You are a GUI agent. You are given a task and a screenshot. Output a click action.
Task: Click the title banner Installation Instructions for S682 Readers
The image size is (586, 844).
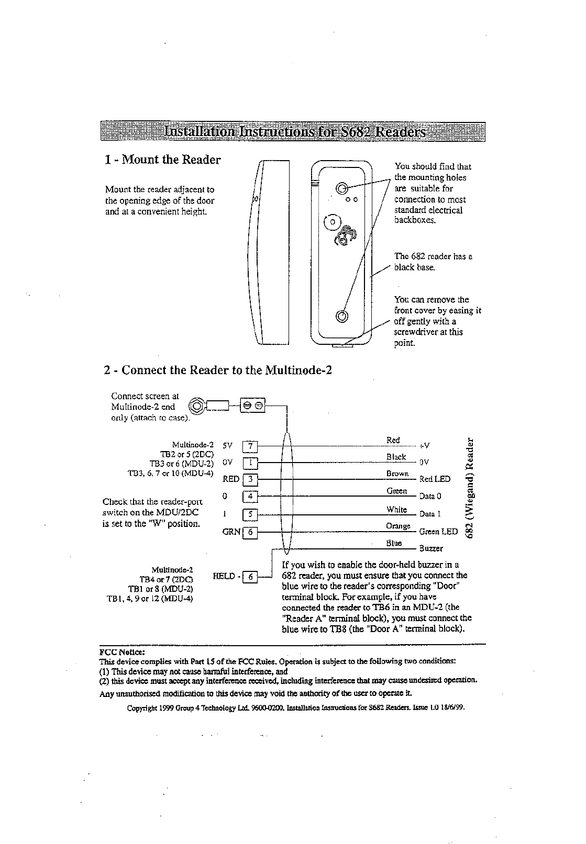tap(293, 131)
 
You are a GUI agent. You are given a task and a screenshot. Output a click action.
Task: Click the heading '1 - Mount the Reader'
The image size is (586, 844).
tap(162, 160)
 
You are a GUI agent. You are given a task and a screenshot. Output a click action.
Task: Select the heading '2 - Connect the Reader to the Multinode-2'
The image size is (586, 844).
tap(218, 370)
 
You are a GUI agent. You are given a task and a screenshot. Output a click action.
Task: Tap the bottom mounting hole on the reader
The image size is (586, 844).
tap(342, 316)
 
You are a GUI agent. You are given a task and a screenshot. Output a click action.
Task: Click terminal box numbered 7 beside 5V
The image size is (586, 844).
tap(250, 446)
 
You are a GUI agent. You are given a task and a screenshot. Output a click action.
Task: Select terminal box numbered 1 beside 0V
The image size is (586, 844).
tap(250, 463)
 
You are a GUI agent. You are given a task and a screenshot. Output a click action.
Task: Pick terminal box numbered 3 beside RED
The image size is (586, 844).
tap(250, 479)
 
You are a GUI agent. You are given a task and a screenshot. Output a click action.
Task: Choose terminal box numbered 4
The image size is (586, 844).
tap(250, 496)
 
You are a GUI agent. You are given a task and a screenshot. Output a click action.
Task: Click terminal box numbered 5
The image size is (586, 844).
tap(250, 514)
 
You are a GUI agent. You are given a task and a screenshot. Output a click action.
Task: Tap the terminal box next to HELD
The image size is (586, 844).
tap(250, 577)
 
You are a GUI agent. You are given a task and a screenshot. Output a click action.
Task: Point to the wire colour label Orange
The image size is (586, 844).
tap(398, 526)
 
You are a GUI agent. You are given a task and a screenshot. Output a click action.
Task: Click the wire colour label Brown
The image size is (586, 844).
tap(397, 474)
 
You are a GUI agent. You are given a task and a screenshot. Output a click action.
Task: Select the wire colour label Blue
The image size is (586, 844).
tap(394, 543)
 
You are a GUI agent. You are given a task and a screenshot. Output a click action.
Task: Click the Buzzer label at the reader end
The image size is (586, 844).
tap(432, 549)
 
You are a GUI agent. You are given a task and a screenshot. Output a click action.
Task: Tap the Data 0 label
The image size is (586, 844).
tap(431, 497)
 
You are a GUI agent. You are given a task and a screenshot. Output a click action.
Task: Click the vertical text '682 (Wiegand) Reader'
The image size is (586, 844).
tap(472, 487)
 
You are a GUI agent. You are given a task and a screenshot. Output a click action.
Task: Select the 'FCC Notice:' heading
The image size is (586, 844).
tap(121, 652)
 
